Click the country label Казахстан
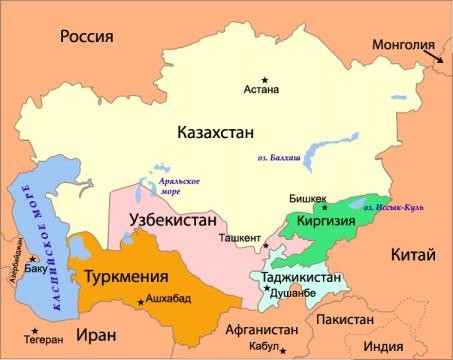click(x=216, y=132)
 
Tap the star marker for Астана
click(x=265, y=79)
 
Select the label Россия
click(x=87, y=38)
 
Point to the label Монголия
click(x=403, y=45)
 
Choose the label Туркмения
click(x=124, y=275)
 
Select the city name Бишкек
click(x=308, y=198)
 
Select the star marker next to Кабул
click(x=284, y=350)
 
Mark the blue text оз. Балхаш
click(x=273, y=158)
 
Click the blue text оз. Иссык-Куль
click(x=394, y=207)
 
